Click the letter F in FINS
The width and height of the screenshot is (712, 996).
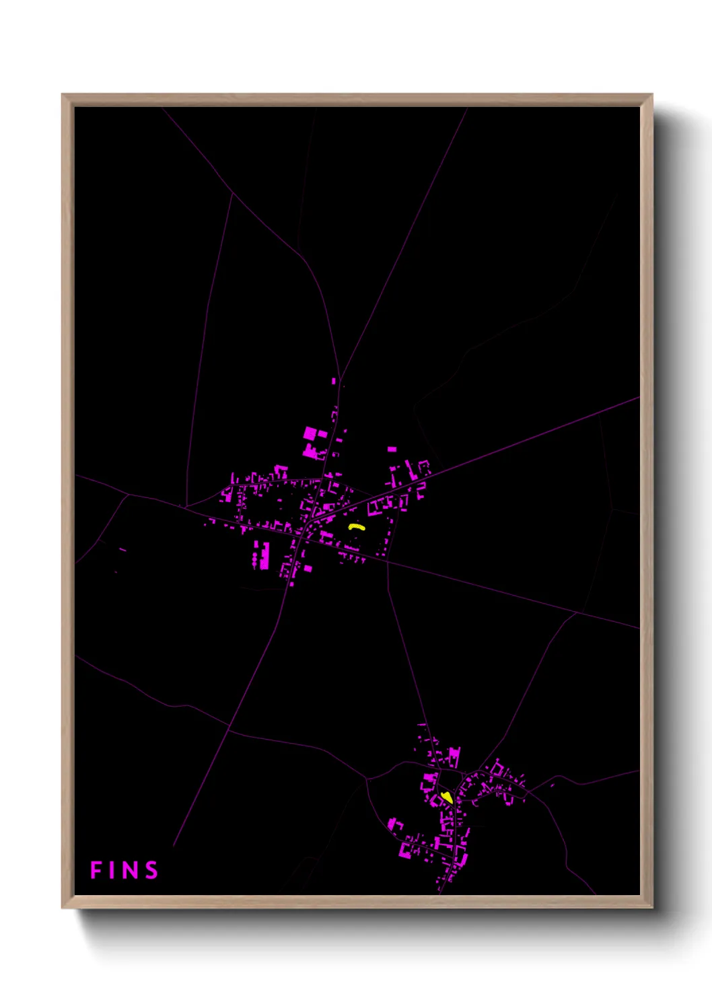[96, 870]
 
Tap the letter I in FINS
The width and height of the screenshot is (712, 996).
[114, 870]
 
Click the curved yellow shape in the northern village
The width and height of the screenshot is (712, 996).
[356, 528]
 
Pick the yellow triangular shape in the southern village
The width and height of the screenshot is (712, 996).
[446, 797]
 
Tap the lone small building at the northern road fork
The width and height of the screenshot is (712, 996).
[334, 381]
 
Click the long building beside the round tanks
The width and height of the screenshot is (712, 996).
[264, 555]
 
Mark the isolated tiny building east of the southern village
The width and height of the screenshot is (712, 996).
[553, 785]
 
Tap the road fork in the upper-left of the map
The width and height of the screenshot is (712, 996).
[232, 194]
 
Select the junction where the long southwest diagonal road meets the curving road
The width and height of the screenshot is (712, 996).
[229, 729]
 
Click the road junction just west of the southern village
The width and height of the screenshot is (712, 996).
[367, 779]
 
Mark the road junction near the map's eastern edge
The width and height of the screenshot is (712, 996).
[577, 612]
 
